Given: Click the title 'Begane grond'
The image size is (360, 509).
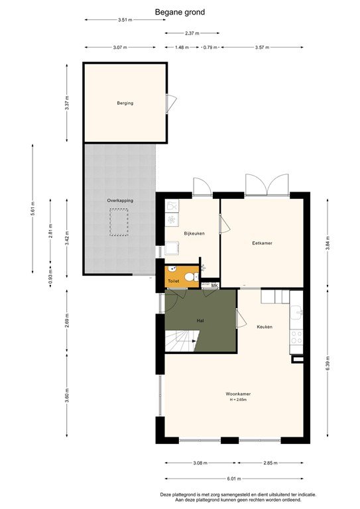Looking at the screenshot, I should [180, 12].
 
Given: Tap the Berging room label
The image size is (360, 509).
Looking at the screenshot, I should [125, 103].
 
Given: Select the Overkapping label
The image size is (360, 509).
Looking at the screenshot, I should [119, 199].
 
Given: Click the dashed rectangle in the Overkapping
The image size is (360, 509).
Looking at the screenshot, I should [119, 222].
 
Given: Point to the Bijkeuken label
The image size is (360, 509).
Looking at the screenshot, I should [193, 233].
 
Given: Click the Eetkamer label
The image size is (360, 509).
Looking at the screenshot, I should [263, 243].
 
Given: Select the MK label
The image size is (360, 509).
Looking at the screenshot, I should [214, 285].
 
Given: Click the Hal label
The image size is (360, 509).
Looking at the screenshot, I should [200, 320].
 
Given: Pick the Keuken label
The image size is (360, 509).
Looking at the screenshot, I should [265, 327].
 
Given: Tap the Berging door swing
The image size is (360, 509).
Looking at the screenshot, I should [172, 103].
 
